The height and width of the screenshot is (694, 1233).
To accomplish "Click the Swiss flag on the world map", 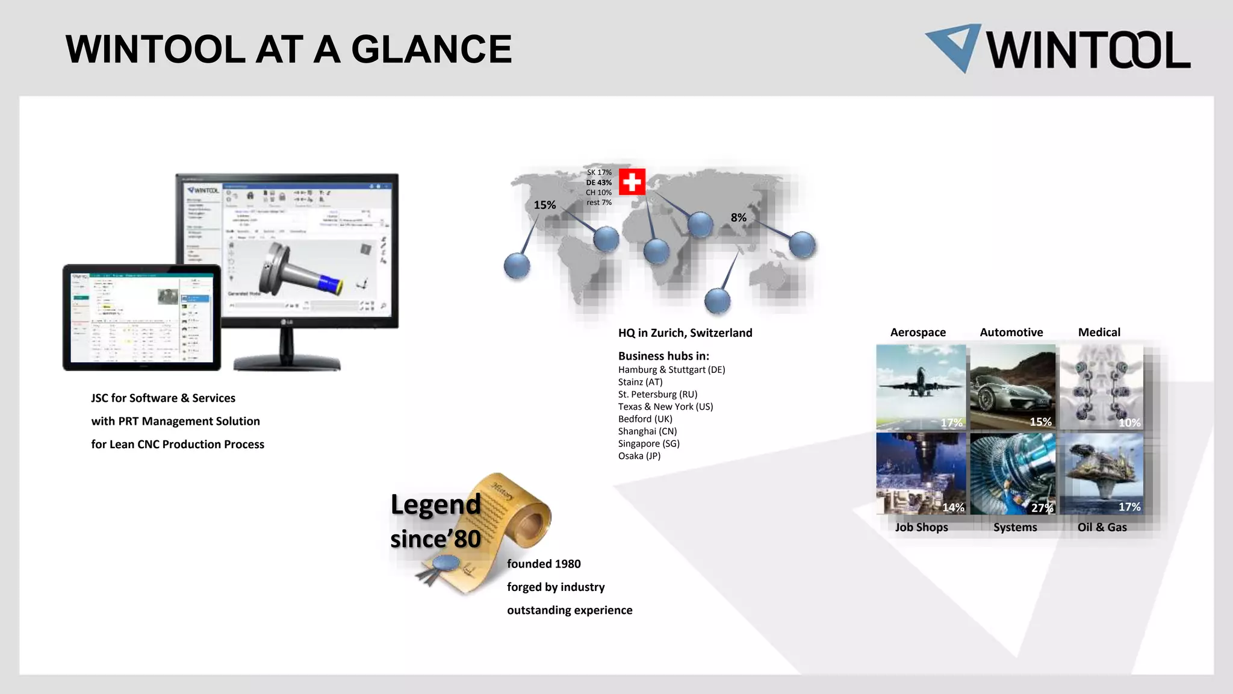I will coord(632,181).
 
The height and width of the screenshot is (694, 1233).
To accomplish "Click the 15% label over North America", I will coord(545,205).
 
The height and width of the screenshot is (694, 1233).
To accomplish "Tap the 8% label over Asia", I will coord(739,217).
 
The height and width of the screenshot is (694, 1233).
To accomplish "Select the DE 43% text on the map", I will coord(599,183).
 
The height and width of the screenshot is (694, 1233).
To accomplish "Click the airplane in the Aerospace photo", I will coord(919,383).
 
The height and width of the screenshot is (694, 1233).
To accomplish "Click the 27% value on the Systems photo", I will coord(1042,508).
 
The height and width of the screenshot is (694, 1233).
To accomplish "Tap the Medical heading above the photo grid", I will coord(1099,333).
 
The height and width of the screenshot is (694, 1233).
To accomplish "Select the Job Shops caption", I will coord(921,527).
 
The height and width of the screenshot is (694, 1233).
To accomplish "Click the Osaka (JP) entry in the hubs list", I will coord(639,456).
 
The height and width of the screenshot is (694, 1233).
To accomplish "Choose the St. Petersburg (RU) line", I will coord(657,395).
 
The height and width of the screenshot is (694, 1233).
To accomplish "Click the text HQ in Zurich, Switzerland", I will coord(685,333).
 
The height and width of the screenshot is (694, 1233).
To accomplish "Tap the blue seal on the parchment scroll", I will coord(446,564).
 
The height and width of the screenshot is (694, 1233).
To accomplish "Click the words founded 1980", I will coord(544,564).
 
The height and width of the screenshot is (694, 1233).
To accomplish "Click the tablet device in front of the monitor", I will coord(141,317).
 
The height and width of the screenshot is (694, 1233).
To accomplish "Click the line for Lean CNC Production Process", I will coord(178,445).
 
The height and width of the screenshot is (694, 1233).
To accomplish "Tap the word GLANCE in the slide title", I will coord(431,49).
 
